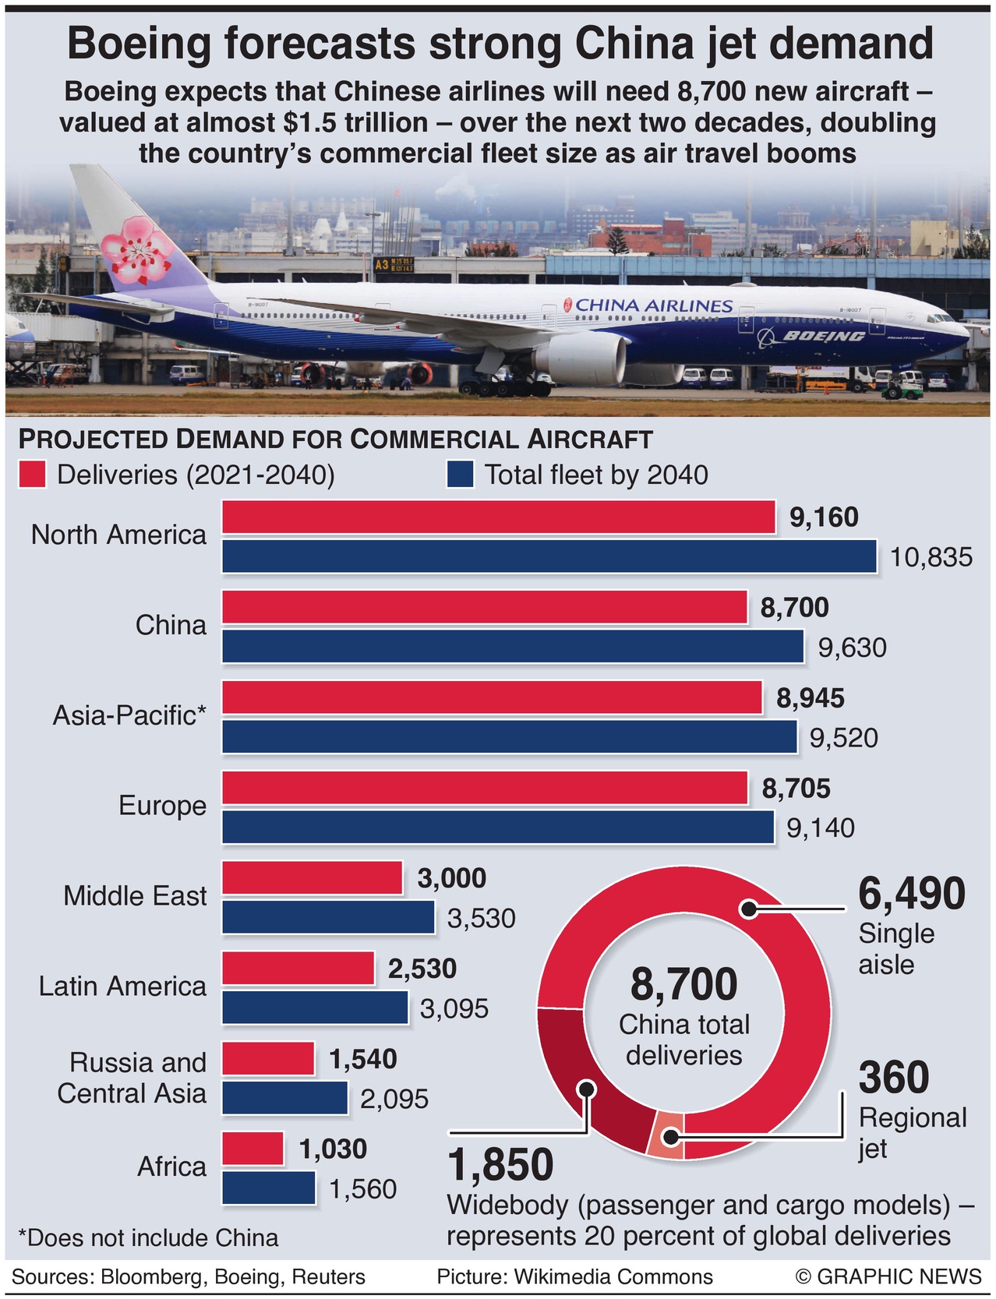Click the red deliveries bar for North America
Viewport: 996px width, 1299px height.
(x=499, y=517)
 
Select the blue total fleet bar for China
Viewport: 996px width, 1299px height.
(x=513, y=647)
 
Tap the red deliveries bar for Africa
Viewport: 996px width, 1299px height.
(x=253, y=1149)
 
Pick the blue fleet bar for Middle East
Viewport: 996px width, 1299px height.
(x=328, y=917)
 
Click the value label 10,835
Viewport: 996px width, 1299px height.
(x=931, y=557)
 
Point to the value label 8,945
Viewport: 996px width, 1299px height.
(x=810, y=698)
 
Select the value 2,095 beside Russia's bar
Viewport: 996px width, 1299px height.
(x=394, y=1099)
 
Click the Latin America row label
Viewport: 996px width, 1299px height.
(x=122, y=987)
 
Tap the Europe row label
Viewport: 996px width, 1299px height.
(x=162, y=806)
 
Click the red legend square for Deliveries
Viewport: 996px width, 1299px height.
(x=32, y=475)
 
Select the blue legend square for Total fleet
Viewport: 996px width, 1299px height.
(x=460, y=475)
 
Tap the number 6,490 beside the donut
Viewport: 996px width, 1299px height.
(x=911, y=894)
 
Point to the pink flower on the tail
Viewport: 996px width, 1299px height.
(x=137, y=251)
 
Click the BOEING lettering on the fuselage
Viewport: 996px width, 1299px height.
(x=823, y=336)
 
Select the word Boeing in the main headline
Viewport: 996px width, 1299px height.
(x=139, y=44)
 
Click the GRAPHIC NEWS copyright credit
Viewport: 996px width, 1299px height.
(x=888, y=1276)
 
